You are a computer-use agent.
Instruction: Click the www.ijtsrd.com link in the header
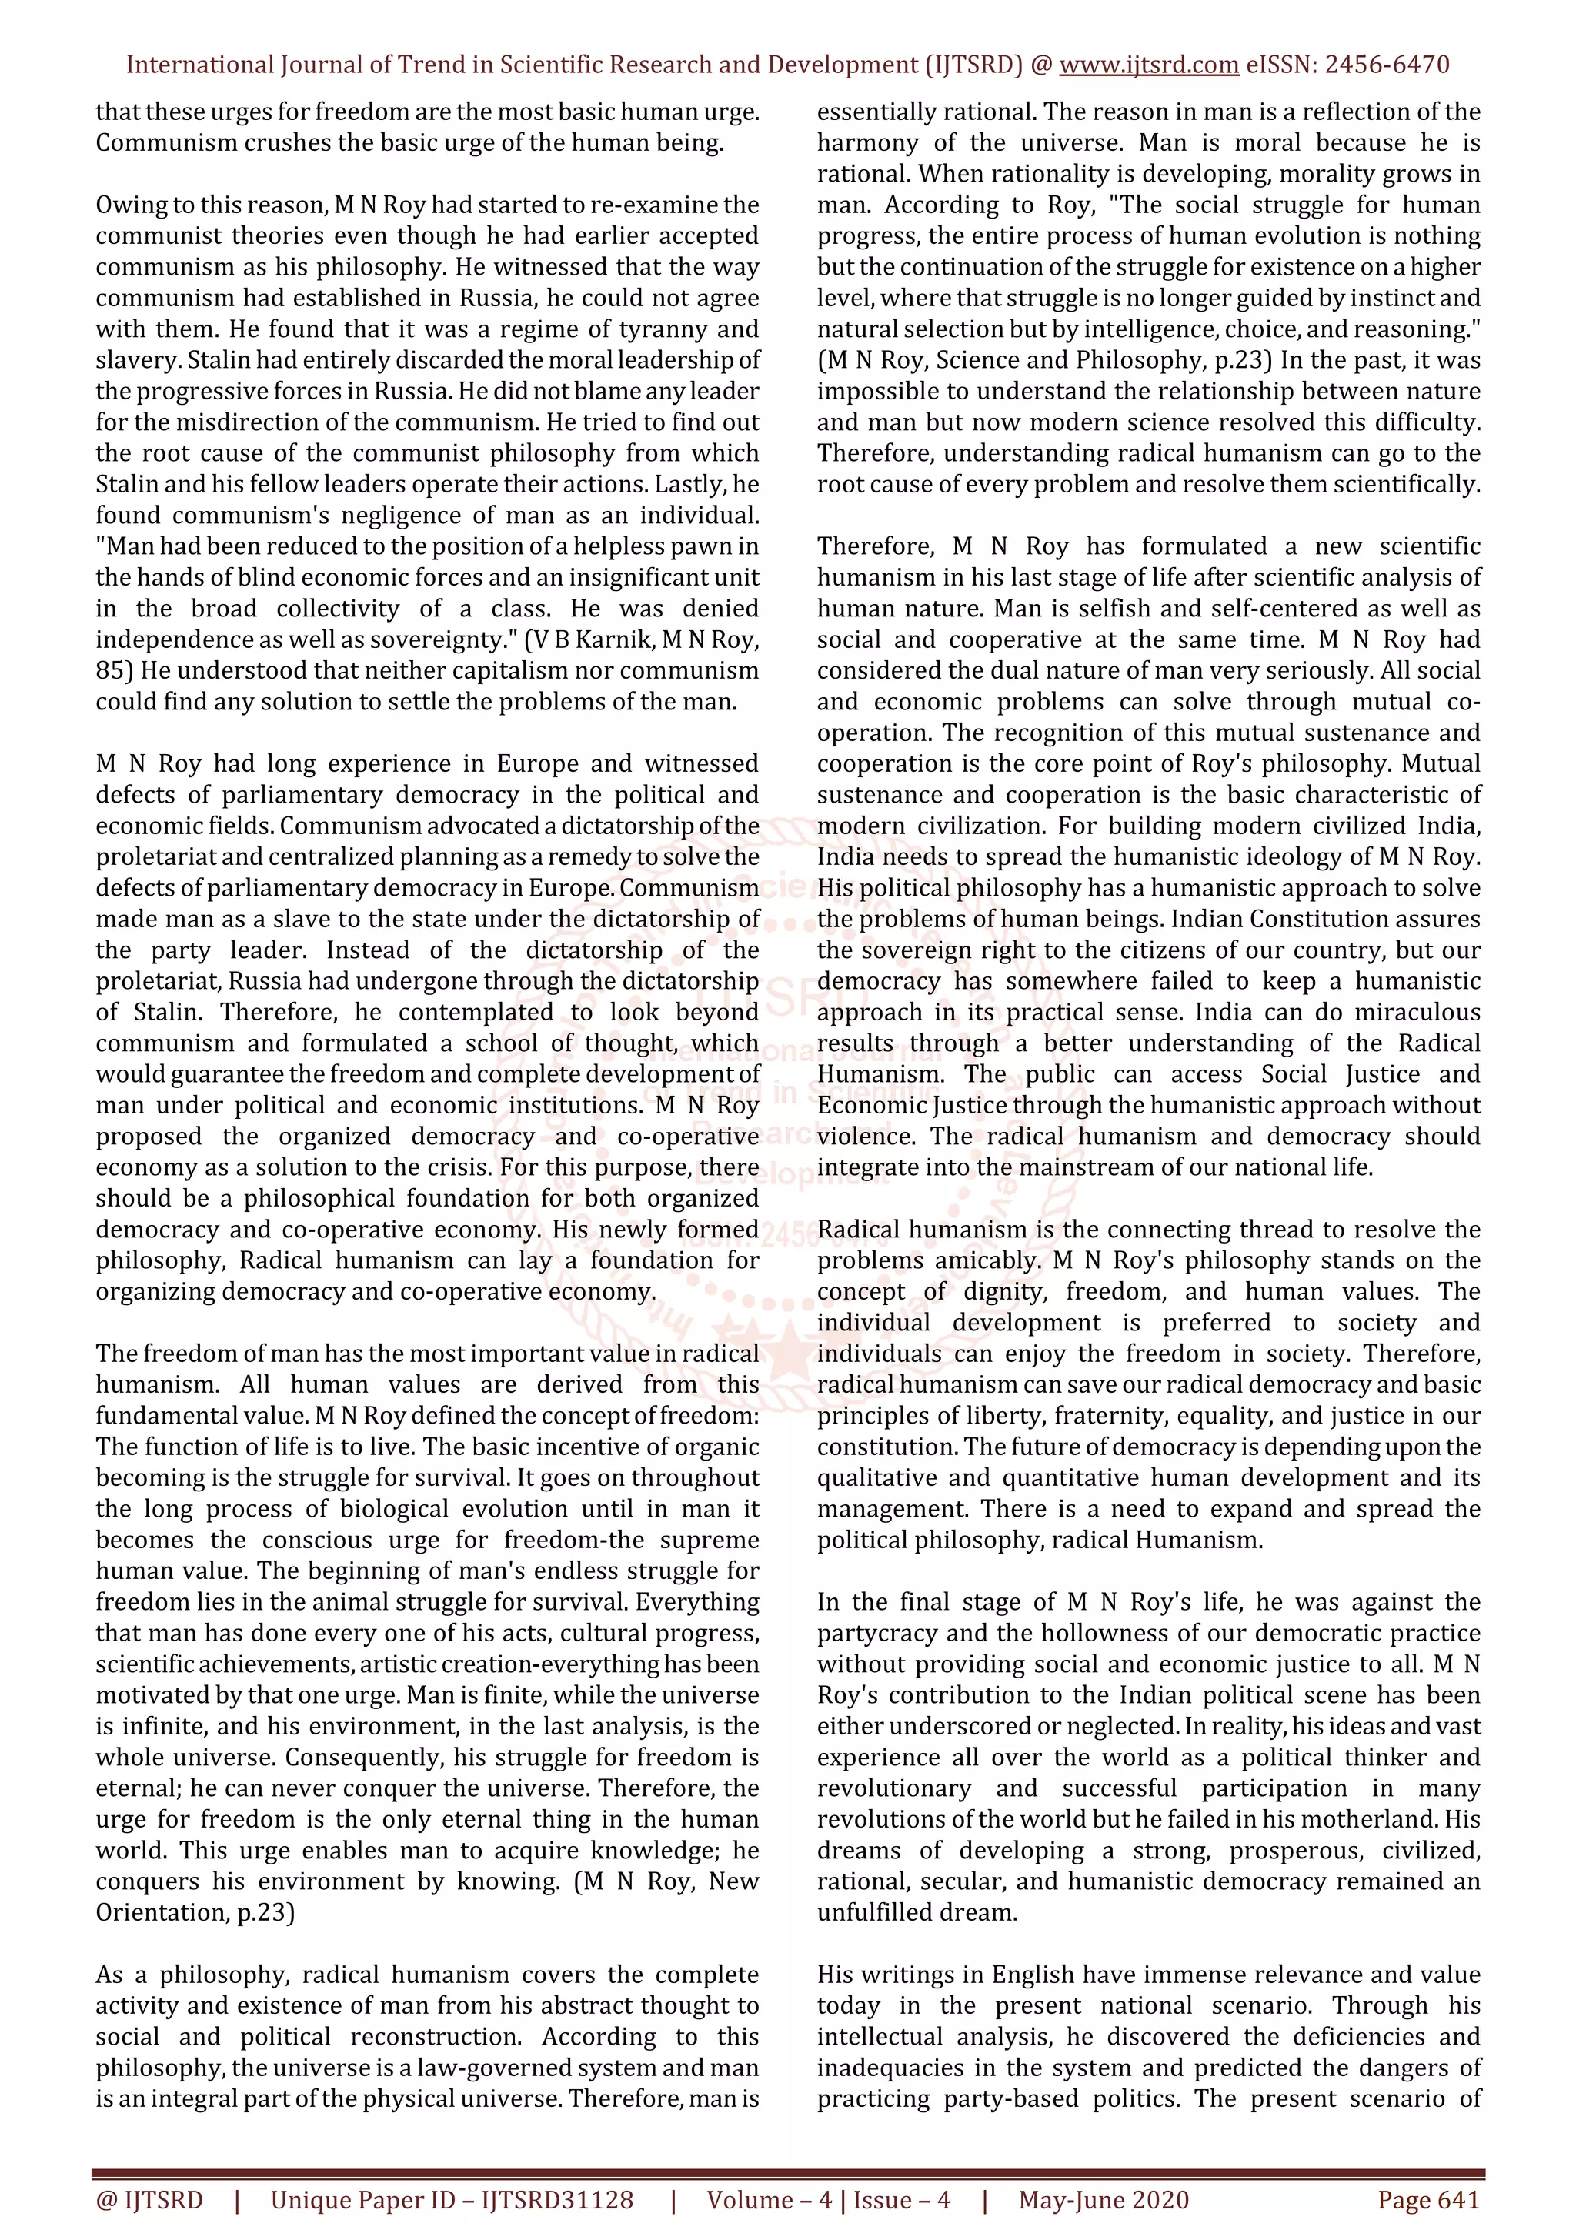pos(1149,65)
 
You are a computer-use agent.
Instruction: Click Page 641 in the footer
pos(1427,2200)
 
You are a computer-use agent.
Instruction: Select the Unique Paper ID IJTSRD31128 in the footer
pos(452,2200)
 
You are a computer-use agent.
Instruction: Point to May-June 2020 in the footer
pos(1103,2200)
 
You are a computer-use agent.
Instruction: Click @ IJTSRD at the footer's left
pos(149,2200)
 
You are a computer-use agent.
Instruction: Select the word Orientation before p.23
pos(159,1912)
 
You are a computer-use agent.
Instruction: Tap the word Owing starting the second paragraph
pos(127,205)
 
